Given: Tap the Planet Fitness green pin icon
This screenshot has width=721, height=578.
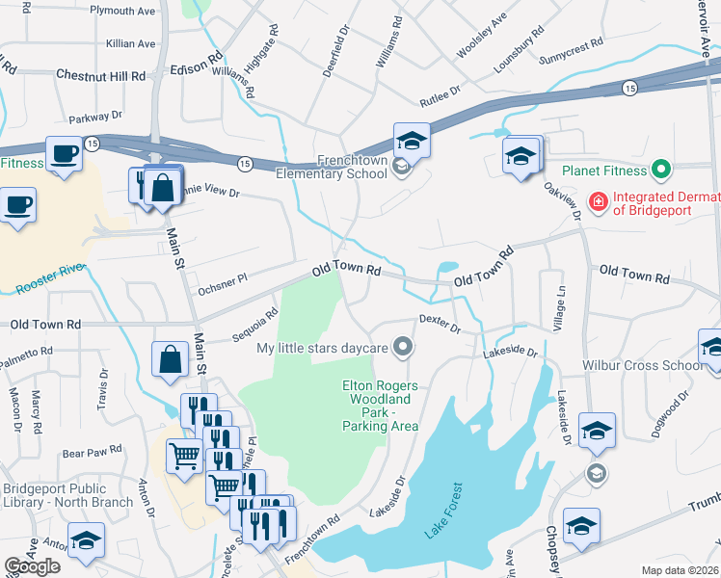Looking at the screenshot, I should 660,171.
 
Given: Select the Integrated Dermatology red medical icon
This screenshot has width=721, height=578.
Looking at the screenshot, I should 598,201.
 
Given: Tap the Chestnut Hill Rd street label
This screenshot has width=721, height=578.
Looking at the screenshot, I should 100,74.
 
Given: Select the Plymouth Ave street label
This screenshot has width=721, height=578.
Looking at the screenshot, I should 122,10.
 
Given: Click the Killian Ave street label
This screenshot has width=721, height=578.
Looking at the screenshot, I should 131,43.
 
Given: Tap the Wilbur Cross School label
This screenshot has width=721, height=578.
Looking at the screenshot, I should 642,365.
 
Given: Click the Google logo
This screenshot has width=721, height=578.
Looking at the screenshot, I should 33,566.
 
